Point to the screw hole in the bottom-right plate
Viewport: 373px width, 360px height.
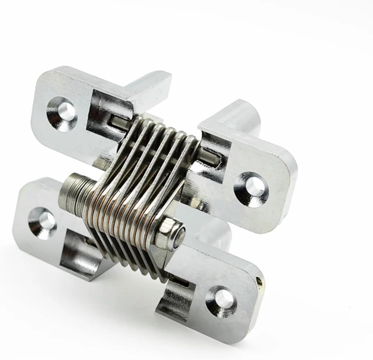[x=223, y=298]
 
